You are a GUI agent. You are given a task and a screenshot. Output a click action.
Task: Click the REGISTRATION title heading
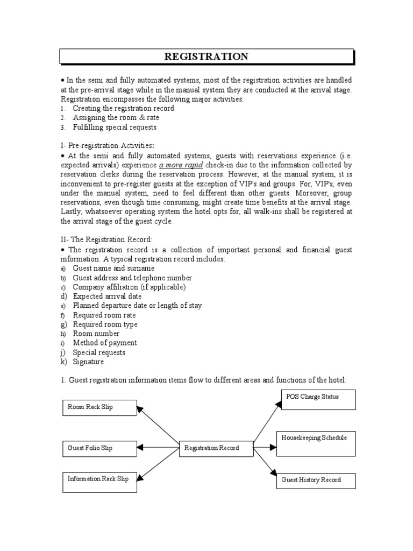(206, 56)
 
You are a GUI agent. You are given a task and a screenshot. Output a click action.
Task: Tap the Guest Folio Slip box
(99, 448)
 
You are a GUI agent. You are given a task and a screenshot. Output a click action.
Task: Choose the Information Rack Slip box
(99, 481)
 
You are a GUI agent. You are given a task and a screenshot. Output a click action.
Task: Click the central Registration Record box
(216, 448)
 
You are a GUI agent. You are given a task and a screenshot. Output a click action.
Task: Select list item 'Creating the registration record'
(123, 108)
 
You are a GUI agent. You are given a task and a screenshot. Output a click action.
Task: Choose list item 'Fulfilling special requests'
(115, 127)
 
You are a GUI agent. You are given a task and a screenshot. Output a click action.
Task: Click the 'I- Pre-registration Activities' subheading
(108, 146)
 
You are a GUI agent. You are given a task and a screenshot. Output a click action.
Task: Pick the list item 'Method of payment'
(105, 343)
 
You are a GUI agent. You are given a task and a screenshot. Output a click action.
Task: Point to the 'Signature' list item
(89, 362)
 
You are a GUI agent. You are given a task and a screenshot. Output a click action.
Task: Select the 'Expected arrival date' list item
(108, 296)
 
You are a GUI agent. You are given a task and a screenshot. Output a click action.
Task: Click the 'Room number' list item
(96, 334)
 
